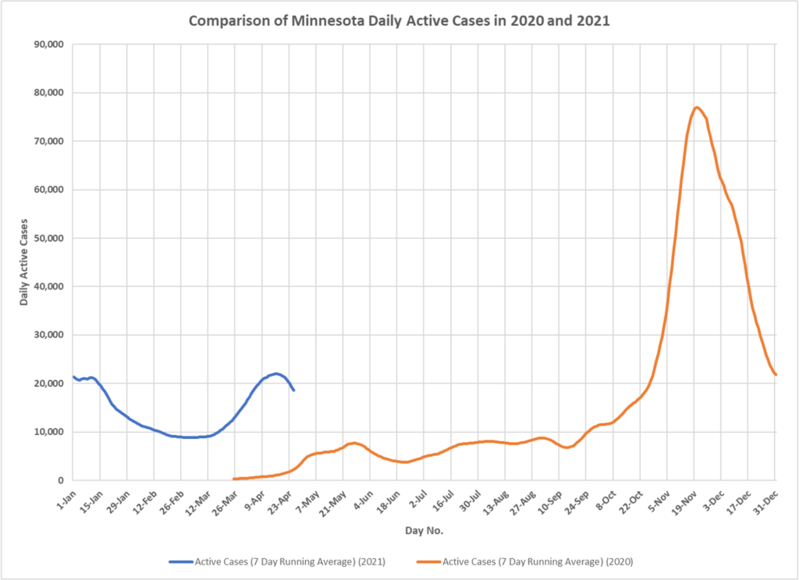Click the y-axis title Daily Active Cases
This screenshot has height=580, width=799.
coord(24,262)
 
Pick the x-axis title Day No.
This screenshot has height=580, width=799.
coord(422,531)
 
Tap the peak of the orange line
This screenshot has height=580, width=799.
coord(697,107)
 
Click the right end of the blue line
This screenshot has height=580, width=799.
coord(293,390)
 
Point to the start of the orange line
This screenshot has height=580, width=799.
coord(234,479)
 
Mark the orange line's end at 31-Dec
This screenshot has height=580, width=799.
coord(776,375)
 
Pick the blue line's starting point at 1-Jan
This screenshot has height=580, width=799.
coord(73,377)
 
